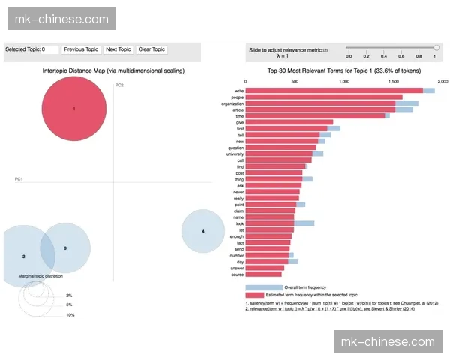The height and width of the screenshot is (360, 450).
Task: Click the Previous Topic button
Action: (x=81, y=49)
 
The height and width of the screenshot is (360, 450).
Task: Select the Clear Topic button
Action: (x=152, y=49)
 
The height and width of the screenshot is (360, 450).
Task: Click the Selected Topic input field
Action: (x=49, y=49)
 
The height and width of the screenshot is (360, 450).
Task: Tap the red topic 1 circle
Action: (x=74, y=109)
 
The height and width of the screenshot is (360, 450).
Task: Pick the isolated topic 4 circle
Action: (x=202, y=231)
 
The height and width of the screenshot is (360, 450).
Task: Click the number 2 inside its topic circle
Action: (x=23, y=256)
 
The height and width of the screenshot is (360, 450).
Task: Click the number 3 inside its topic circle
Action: (x=65, y=247)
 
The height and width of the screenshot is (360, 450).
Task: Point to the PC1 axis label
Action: (x=19, y=179)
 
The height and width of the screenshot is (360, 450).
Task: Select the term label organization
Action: (x=229, y=103)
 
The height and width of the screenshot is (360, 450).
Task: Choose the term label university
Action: (x=232, y=154)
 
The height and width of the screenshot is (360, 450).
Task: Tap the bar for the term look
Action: (x=270, y=223)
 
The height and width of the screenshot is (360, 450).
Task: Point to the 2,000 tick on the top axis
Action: (x=442, y=81)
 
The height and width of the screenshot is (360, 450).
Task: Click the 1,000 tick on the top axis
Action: (x=344, y=81)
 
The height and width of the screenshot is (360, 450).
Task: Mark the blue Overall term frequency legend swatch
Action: (x=263, y=287)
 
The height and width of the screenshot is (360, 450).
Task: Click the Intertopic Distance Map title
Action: (x=113, y=70)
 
